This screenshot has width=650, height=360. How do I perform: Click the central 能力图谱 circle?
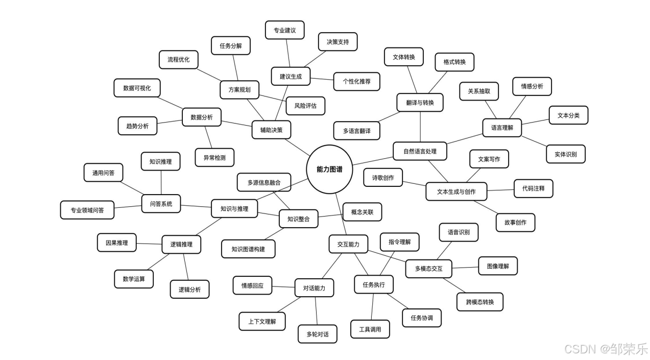330,169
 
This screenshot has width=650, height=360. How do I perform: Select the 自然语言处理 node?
420,151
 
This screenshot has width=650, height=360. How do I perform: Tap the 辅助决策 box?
271,130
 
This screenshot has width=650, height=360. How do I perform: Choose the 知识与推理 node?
234,208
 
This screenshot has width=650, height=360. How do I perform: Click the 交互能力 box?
348,244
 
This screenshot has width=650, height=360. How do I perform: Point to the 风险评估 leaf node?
305,106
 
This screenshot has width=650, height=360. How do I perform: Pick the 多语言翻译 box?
357,131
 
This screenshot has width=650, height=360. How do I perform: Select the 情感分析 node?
532,86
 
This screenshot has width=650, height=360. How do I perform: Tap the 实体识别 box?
566,154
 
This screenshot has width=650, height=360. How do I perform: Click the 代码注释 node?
533,188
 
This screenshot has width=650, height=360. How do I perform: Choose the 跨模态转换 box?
480,302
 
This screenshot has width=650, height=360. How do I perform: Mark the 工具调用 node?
370,329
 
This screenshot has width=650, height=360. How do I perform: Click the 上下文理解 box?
262,321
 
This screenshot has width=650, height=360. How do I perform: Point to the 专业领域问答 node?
87,210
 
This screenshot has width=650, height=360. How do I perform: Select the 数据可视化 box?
137,88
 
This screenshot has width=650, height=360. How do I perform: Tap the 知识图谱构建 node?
248,249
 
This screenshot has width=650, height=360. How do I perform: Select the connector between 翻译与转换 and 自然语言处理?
420,127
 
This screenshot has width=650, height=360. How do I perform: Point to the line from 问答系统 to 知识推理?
161,182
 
